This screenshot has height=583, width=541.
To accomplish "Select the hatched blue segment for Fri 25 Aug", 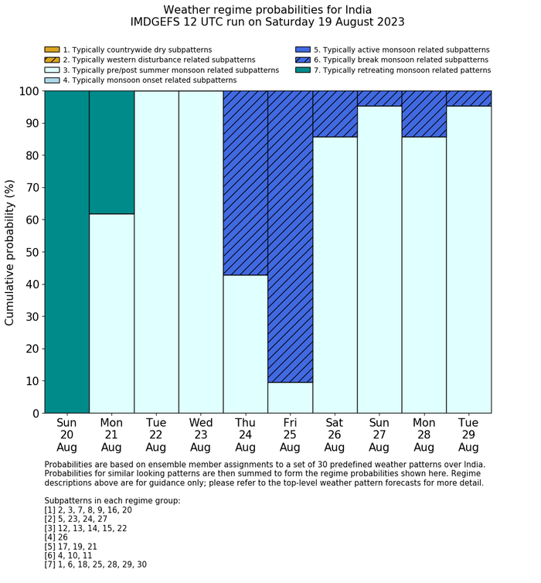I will click(290, 236).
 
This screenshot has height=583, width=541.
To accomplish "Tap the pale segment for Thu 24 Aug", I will click(245, 344).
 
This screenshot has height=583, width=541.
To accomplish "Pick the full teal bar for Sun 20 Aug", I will click(66, 251).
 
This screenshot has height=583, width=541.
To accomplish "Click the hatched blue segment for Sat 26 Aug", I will click(335, 114).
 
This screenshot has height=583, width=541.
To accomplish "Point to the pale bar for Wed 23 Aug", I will click(200, 251).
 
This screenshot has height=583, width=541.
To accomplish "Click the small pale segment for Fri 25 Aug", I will click(290, 397).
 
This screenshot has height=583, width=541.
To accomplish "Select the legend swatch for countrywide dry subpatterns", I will click(52, 49).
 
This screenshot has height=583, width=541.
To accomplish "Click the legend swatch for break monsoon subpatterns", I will click(302, 60).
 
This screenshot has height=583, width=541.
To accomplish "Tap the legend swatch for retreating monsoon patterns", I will click(302, 70).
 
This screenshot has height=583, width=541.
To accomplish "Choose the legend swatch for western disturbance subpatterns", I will click(52, 60).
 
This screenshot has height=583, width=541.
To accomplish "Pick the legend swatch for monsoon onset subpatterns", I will click(52, 80).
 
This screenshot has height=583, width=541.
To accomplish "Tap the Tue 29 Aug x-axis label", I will click(468, 435).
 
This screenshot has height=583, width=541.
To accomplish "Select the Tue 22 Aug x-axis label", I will click(155, 435).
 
